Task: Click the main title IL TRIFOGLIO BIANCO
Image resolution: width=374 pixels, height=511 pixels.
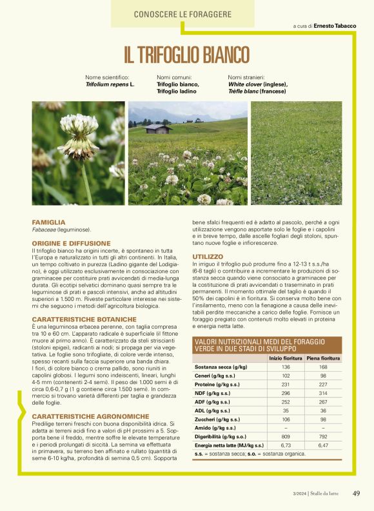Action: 186,54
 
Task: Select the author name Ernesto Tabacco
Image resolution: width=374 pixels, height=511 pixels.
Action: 335,26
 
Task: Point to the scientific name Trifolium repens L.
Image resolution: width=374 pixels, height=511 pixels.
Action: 110,84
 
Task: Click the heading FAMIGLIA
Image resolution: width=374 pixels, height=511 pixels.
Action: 48,222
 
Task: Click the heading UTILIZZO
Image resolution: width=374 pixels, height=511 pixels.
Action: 208,257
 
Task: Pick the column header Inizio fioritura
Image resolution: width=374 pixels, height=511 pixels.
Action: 286,358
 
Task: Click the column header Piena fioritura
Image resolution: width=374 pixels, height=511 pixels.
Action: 323,358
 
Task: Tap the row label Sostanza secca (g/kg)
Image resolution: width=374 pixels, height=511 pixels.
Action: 221,367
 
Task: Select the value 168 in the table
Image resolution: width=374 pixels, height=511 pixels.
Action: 323,367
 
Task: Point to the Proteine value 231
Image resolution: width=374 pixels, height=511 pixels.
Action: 286,385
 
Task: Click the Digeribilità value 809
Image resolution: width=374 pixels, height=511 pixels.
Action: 286,436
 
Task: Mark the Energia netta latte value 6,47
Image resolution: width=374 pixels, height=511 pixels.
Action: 323,445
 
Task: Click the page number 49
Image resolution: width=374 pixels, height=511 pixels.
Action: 356,494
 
